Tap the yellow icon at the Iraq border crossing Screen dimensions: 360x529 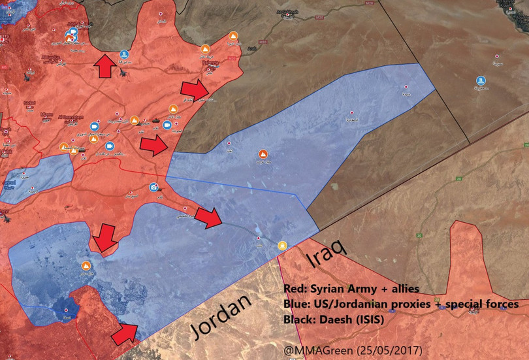point(282,245)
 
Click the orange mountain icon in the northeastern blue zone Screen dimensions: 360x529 point(264,155)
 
